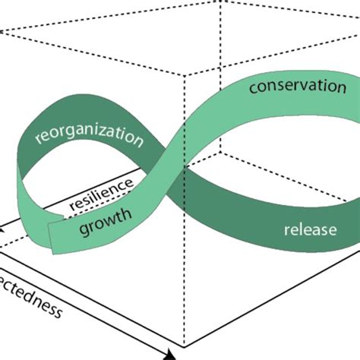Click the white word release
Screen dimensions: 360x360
[309, 227]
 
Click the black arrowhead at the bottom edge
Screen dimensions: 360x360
[170, 354]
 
